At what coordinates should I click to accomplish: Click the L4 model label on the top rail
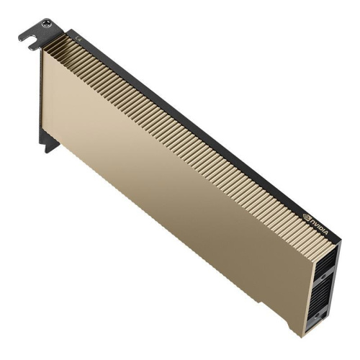click(x=79, y=35)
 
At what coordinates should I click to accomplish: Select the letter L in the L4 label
click(x=78, y=33)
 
